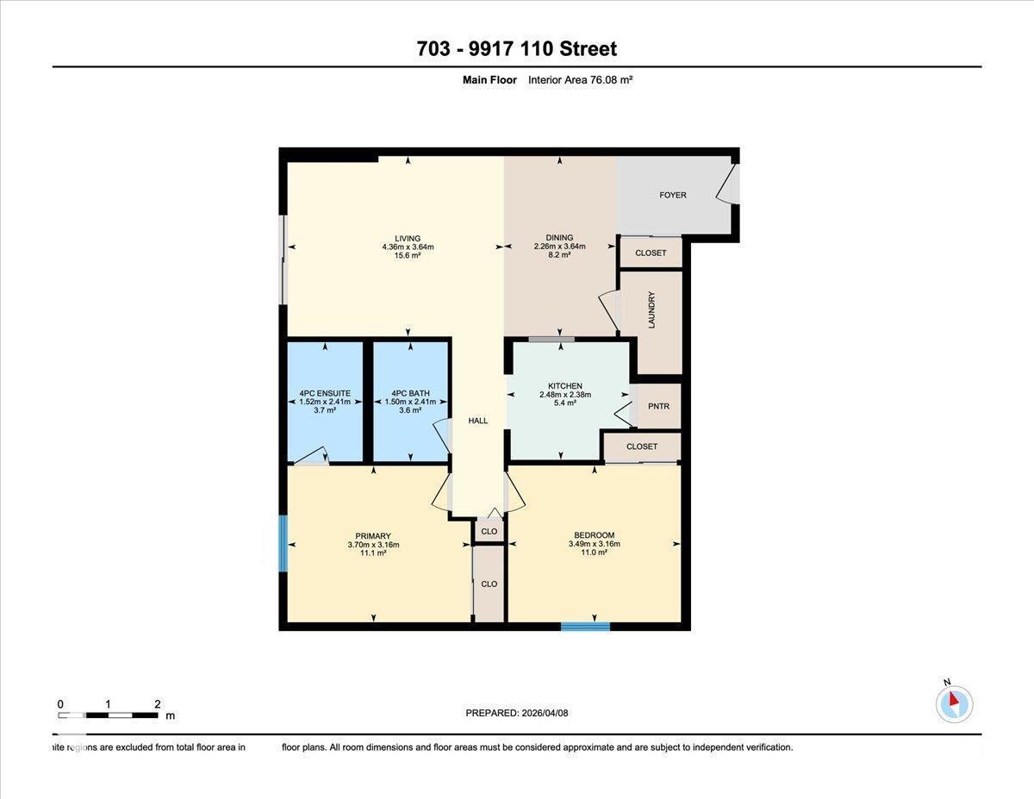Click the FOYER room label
673,195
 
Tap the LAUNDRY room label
652,309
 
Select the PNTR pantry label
658,407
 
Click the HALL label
477,421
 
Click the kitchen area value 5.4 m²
564,403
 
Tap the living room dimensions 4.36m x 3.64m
408,247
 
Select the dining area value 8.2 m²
559,255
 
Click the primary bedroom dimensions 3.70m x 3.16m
373,544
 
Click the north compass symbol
954,703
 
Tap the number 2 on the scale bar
157,704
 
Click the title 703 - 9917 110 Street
517,49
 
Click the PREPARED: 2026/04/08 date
517,713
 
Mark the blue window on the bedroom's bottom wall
585,626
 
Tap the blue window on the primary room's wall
283,543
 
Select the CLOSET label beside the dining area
651,253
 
